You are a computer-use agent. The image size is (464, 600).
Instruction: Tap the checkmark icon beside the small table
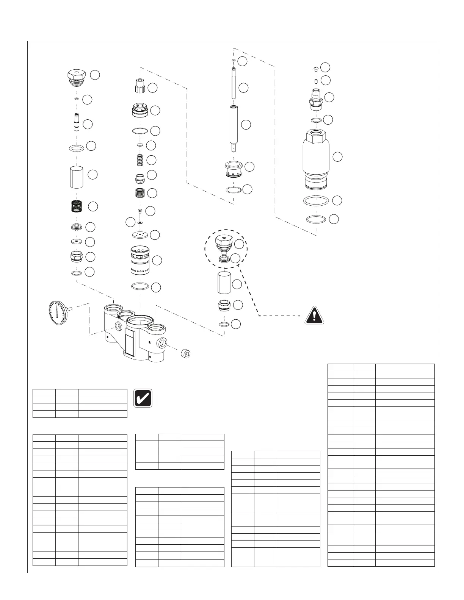coord(143,398)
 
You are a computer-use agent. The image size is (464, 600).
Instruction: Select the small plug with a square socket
coord(185,353)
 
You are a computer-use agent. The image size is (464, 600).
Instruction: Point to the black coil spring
coord(77,206)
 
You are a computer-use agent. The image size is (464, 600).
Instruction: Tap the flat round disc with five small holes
coord(140,235)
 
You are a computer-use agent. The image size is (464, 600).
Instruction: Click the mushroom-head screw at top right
coord(316,68)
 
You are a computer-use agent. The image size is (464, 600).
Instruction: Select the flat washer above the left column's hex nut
coord(77,241)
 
